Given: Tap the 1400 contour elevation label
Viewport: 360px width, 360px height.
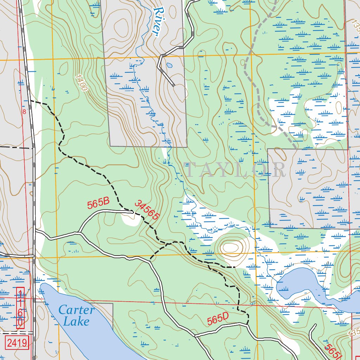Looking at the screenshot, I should (81, 83).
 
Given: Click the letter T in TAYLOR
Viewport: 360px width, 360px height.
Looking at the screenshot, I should (190, 170).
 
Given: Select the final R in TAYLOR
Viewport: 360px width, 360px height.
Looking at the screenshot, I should (279, 170).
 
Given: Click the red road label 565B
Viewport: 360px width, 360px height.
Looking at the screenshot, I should (98, 204).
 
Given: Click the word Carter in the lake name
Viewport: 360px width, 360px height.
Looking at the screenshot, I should (76, 310).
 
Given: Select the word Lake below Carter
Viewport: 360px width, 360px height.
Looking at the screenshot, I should (76, 321).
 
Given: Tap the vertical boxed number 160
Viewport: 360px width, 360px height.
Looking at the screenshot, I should (20, 308).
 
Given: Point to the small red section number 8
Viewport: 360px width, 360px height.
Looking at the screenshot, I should (24, 112).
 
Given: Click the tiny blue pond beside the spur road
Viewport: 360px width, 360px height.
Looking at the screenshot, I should (169, 65).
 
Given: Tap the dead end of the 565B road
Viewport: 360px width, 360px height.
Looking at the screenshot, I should (132, 212).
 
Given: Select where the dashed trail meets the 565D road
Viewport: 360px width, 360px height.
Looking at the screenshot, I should (247, 324).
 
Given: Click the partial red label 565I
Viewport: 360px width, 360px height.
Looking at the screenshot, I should (333, 351).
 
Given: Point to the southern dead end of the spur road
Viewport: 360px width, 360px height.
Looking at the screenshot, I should (174, 85).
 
